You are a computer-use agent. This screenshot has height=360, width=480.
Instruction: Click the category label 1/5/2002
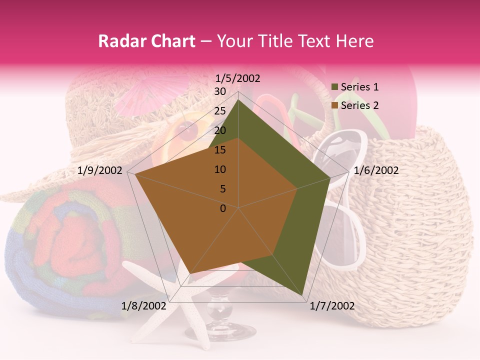pos(238,78)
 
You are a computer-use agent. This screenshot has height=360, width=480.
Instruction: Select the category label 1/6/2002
pos(376,170)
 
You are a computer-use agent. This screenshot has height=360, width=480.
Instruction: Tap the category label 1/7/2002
pos(332,306)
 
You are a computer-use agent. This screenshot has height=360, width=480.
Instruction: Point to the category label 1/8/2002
pos(144,306)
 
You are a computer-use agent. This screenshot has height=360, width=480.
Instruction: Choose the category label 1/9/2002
pos(100,170)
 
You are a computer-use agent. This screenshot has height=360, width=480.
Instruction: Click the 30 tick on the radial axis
pos(220,91)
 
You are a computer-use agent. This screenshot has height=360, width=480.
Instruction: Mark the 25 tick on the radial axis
pos(220,111)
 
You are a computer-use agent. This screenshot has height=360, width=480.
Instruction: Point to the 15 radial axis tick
pos(220,150)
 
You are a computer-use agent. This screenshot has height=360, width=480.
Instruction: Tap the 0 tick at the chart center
pos(223,208)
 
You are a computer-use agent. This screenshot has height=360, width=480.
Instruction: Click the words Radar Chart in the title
pos(146,41)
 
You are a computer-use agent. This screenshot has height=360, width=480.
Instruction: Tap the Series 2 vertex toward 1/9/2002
pos(135,174)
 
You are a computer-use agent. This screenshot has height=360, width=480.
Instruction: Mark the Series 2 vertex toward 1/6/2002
pos(297,188)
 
